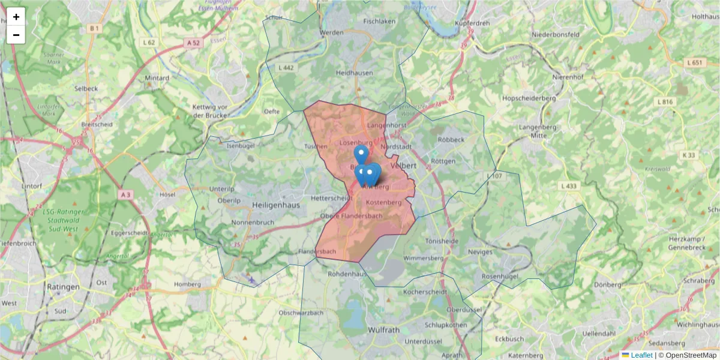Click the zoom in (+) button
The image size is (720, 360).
tap(16, 17)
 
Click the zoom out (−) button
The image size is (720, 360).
tap(16, 35)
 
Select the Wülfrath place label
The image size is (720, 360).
tap(383, 330)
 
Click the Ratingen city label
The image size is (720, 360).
tap(63, 287)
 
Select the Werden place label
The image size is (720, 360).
tap(332, 32)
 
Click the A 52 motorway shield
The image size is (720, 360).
tap(193, 43)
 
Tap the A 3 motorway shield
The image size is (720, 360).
tap(125, 195)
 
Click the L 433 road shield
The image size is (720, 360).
tap(568, 186)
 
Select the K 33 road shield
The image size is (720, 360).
tap(688, 155)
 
